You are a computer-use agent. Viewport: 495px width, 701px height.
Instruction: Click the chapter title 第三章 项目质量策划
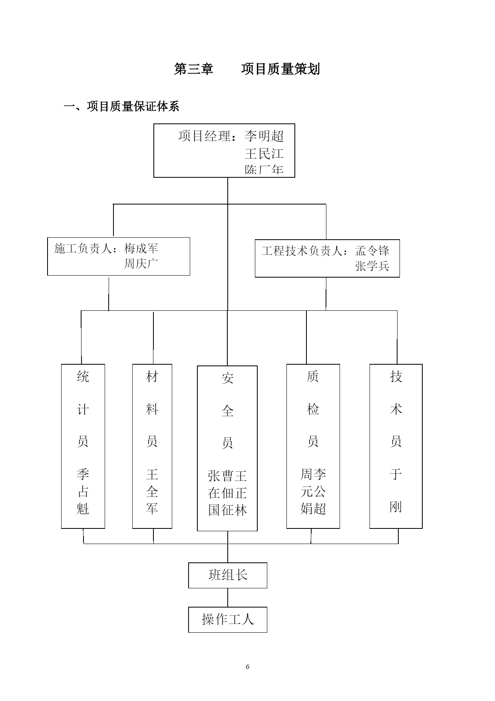[247, 69]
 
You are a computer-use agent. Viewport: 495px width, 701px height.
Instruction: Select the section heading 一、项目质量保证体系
[121, 106]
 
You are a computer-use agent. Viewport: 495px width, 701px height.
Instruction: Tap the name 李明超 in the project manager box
[264, 136]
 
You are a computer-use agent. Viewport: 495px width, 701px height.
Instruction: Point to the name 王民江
[264, 153]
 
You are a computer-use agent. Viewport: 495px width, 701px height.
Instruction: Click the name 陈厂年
[264, 170]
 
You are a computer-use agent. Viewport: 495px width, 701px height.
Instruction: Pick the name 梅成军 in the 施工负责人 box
[141, 248]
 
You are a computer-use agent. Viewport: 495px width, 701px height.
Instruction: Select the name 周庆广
[141, 264]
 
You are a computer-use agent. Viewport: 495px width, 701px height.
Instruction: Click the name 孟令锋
[372, 251]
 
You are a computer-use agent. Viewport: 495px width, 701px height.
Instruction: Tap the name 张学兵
[372, 266]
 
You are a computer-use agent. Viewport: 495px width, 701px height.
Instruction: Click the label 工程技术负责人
[302, 251]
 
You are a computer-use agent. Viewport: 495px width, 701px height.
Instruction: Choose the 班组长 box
[228, 575]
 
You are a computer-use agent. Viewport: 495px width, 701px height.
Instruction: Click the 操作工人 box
[228, 620]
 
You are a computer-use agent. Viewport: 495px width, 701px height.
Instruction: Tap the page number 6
[248, 667]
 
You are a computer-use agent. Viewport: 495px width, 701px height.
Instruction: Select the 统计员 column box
[83, 446]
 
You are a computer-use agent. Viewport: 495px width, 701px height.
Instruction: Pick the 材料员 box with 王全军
[152, 446]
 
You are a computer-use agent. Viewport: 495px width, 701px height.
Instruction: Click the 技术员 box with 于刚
[396, 446]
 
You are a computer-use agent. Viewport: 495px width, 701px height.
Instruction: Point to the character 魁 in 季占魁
[83, 508]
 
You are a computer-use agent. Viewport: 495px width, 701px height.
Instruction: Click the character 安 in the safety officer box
[227, 378]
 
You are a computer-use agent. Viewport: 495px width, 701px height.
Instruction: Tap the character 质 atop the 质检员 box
[313, 376]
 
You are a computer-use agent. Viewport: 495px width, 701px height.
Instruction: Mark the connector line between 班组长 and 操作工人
[228, 598]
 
